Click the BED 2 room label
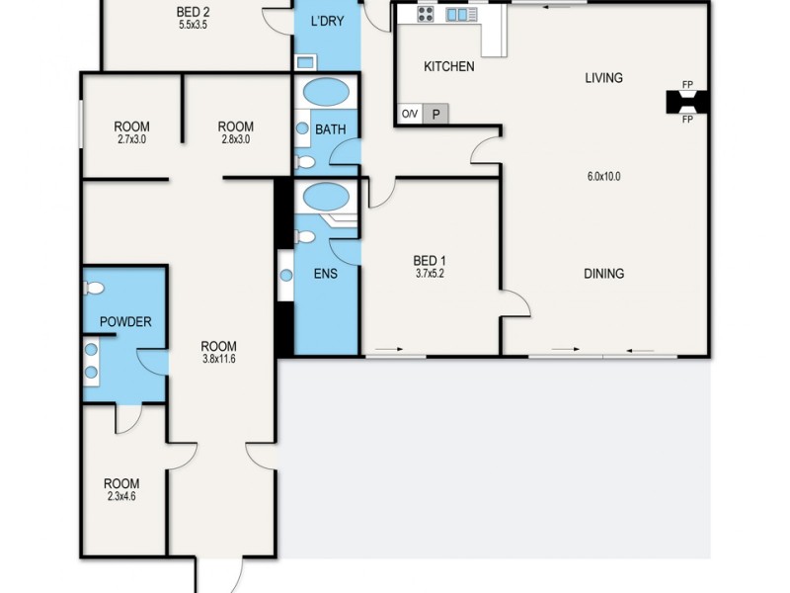coord(193,13)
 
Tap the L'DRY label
coord(327,21)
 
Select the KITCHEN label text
coord(448,67)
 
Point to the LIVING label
coord(603,78)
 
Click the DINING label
coord(603,274)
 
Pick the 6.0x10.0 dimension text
coord(603,177)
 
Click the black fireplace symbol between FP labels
coord(687,102)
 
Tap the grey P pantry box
coord(435,114)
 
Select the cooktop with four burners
coord(426,14)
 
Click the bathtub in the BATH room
coord(325,94)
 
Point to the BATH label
coord(329,129)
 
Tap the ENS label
coord(326,274)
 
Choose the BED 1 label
coord(430,261)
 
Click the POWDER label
coord(125,322)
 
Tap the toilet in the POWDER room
coord(95,289)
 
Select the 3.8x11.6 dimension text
coord(218,359)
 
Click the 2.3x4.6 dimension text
coord(121,497)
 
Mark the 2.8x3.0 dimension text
coord(235,139)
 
